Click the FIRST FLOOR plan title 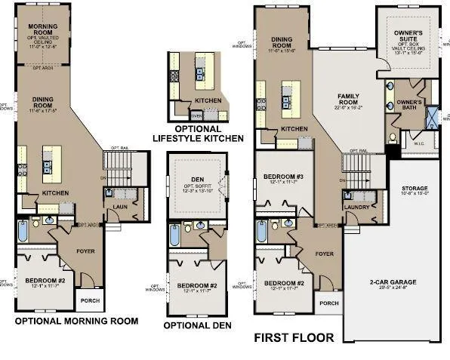tap(293, 338)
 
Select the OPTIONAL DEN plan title tap(198, 325)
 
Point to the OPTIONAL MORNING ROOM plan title tap(77, 321)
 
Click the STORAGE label tap(415, 189)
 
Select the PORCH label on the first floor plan tap(328, 303)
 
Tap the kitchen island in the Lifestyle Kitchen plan tap(199, 74)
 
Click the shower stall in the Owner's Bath tap(434, 118)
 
